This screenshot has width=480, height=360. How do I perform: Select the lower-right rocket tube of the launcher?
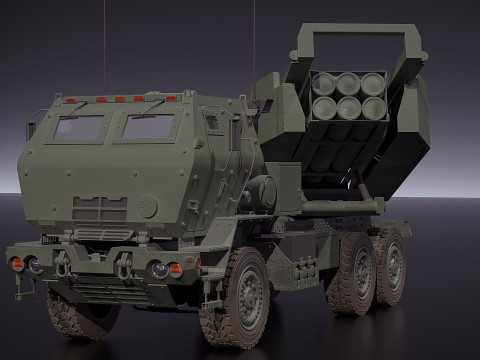point(372,107)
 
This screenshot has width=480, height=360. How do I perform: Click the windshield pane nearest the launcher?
point(150,126)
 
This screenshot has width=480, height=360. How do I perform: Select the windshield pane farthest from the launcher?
point(79,127)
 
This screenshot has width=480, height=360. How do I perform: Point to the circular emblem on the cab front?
point(148,207)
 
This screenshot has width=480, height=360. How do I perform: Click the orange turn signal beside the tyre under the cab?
point(176,269)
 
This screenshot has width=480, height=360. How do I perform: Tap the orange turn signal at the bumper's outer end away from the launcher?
point(17,263)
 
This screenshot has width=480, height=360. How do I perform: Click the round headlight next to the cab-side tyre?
point(159,269)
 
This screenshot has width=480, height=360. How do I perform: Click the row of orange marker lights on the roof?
point(120,99)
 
